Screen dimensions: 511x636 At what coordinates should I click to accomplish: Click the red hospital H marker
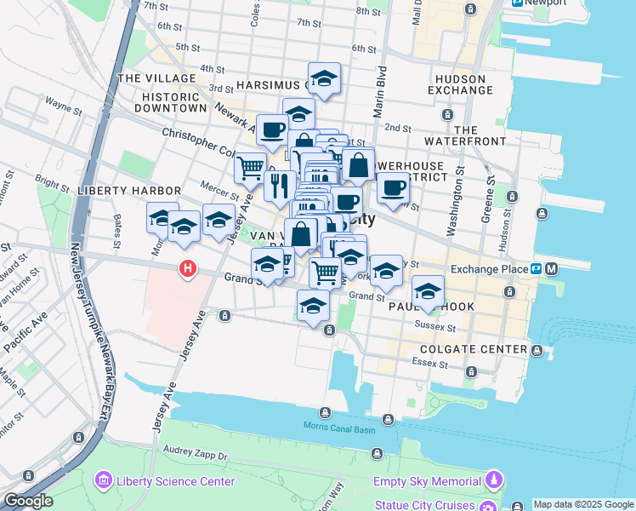coord(188,271)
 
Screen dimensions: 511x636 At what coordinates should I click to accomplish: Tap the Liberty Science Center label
coord(175,481)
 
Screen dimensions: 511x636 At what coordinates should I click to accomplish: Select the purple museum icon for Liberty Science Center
coord(104,481)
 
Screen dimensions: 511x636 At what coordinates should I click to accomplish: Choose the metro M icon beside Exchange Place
coord(552,269)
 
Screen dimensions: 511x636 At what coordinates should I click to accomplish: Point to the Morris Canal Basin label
coord(340,428)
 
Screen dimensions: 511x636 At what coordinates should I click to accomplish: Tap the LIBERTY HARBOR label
coord(128,190)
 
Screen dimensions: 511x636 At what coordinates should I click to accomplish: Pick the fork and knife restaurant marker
coord(280,185)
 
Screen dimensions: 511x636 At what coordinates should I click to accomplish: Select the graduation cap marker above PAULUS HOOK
coord(429,290)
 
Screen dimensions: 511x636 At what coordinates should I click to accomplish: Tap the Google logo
coord(28,501)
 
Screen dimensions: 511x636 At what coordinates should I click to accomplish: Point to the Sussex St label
coord(431,325)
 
